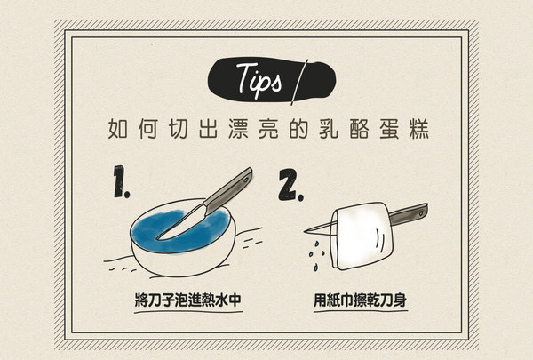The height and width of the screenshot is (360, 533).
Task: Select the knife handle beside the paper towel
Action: (x=412, y=213)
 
